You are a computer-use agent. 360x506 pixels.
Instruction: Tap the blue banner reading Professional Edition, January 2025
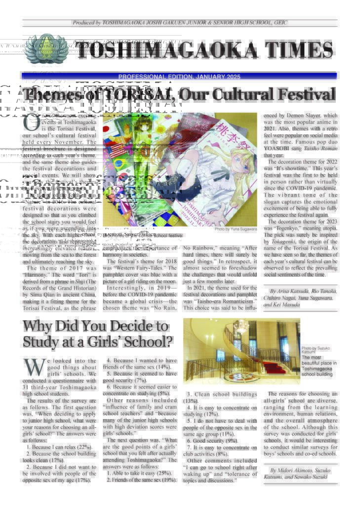pyautogui.click(x=179, y=77)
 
